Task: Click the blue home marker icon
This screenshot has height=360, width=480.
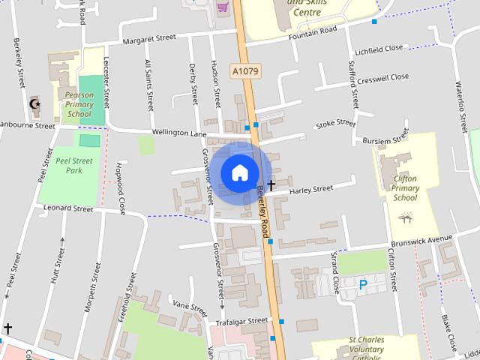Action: pos(239,172)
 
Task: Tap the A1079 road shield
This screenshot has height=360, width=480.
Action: pos(244,72)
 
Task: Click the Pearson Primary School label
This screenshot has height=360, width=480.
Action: pos(79,105)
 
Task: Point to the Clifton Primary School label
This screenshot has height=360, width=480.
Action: pos(405,188)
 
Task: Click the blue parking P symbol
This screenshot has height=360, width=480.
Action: pos(363,285)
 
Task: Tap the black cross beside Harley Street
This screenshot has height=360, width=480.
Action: pos(270,182)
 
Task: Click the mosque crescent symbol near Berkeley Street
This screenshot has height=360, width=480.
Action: pos(33,103)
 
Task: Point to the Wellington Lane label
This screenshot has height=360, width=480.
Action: pos(178,133)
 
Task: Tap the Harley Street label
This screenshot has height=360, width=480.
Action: pos(310,189)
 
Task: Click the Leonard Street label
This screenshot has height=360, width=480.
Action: pos(69,208)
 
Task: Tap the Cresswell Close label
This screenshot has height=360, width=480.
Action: pos(382,77)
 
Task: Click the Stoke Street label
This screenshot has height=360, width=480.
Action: pos(335,123)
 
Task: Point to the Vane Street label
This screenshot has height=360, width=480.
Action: pos(189,306)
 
